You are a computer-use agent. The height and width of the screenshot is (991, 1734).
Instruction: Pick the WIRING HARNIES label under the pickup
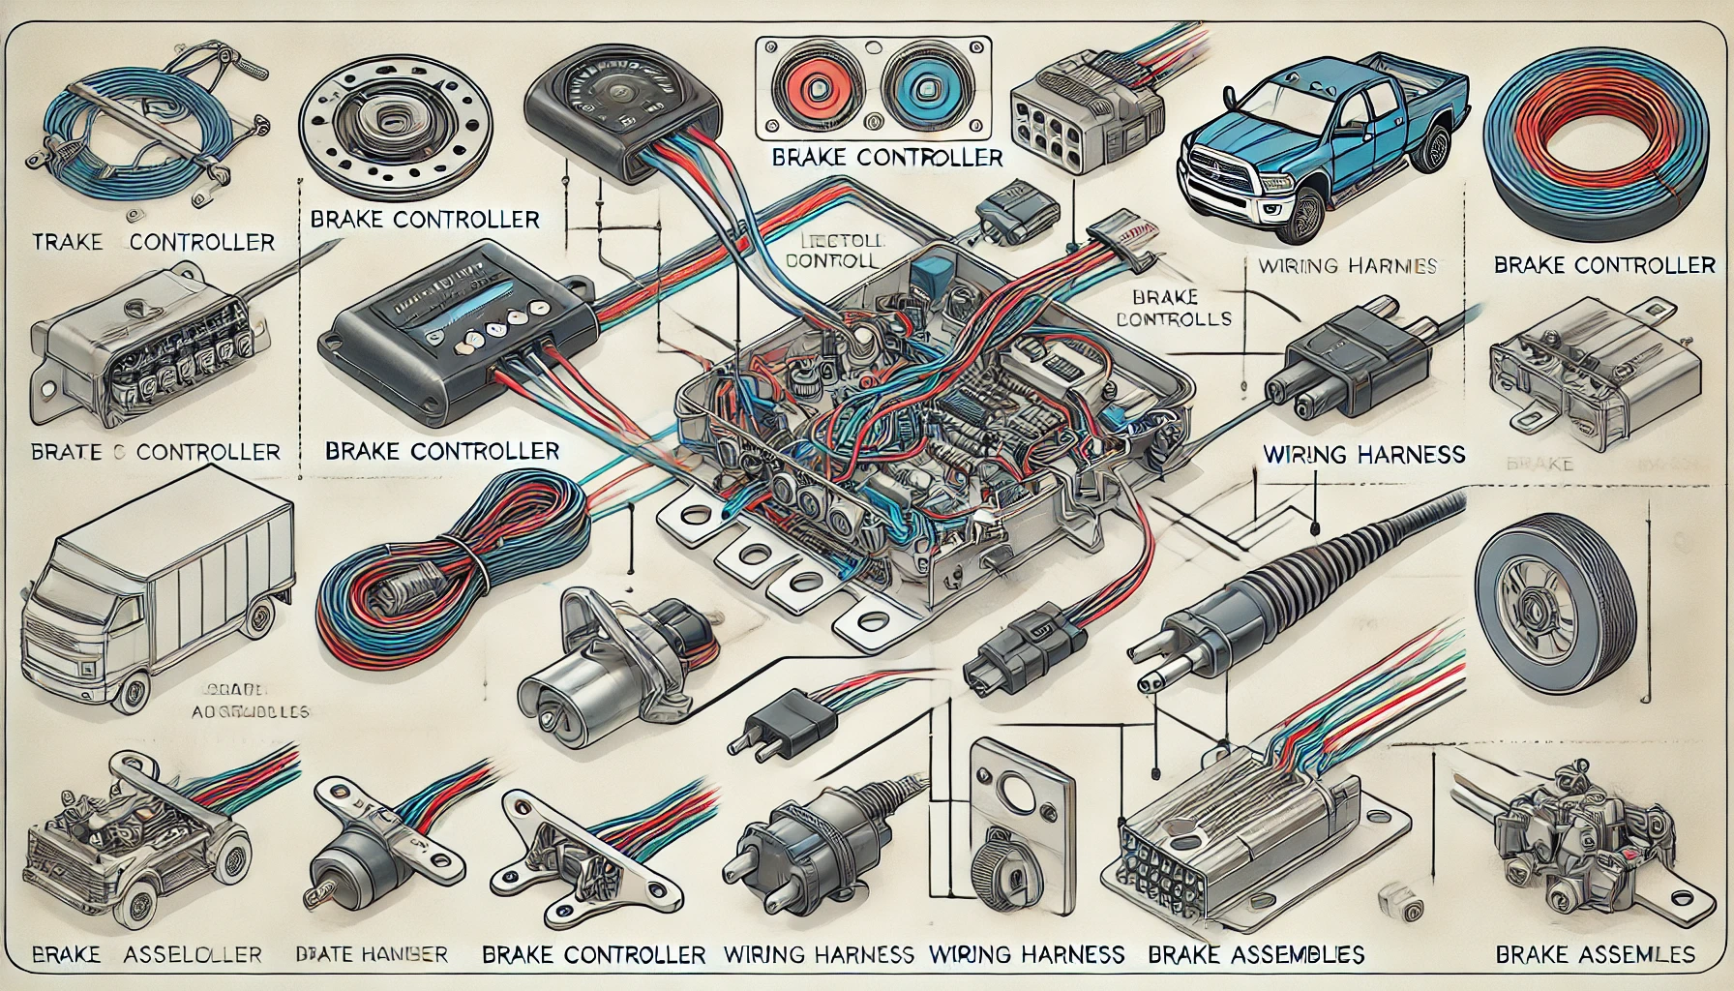(x=1347, y=265)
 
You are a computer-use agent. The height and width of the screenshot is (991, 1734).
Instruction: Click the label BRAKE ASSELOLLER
(x=145, y=954)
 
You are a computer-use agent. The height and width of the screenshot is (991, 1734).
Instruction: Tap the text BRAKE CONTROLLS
(x=1173, y=307)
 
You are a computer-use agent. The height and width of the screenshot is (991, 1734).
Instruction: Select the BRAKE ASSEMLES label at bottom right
(x=1595, y=954)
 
